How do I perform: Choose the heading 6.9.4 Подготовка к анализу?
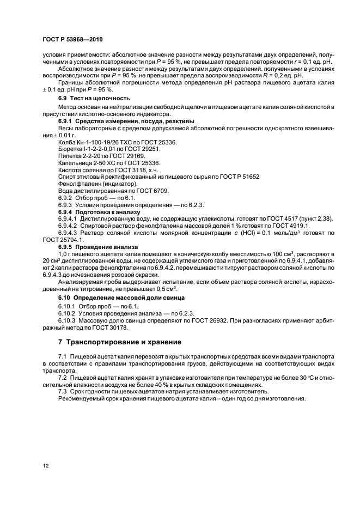(99, 211)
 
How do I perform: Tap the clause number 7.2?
(64, 377)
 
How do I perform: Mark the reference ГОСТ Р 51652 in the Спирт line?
(240, 177)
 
